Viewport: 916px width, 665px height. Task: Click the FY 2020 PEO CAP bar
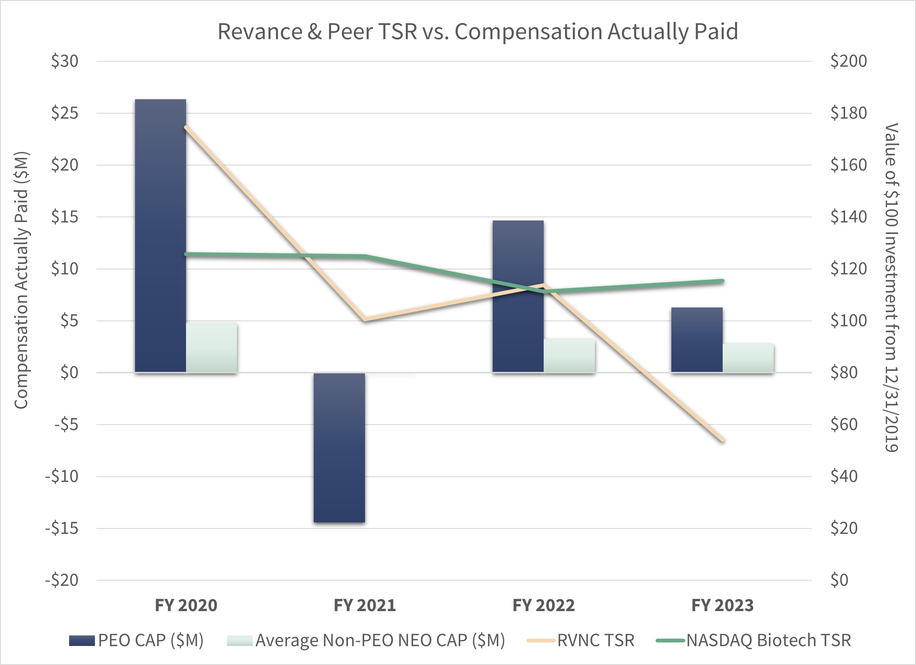(x=160, y=235)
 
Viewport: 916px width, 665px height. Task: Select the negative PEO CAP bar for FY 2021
(x=339, y=447)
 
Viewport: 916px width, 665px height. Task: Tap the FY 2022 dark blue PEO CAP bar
(x=518, y=296)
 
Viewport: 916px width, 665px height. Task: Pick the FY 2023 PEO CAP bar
(x=697, y=340)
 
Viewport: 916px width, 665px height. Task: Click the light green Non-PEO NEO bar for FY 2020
(x=211, y=347)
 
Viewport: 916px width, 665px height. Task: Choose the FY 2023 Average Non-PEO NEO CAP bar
(x=748, y=358)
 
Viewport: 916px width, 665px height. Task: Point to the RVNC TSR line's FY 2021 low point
(x=365, y=320)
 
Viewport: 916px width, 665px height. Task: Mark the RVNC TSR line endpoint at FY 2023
(x=723, y=440)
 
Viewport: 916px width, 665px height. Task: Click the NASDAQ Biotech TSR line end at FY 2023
(x=723, y=281)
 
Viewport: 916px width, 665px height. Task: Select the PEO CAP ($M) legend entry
(x=137, y=640)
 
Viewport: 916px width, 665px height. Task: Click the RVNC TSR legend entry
(x=581, y=640)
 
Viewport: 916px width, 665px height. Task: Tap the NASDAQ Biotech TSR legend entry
(x=754, y=640)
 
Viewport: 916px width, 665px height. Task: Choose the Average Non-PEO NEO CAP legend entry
(x=366, y=640)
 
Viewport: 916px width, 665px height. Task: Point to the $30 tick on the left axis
(x=65, y=61)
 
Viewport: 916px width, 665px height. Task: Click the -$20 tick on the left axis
(x=62, y=580)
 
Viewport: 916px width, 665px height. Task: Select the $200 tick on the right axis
(x=848, y=61)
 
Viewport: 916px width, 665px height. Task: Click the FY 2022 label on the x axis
(x=544, y=605)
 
